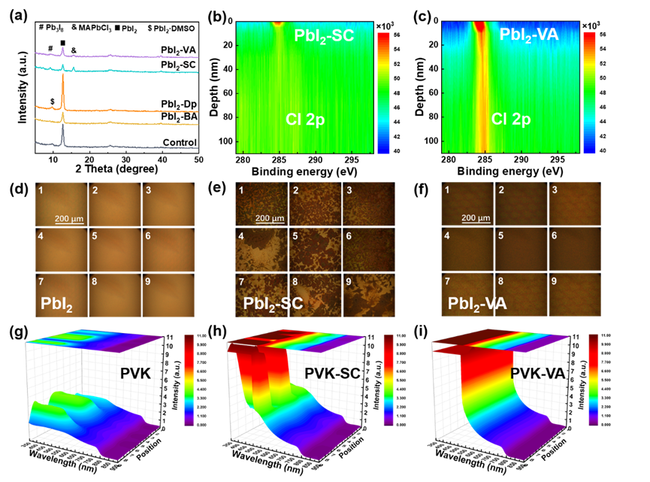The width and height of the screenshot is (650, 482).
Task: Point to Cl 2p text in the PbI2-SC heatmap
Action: [305, 119]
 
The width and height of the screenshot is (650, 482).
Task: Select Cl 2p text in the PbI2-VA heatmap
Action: [511, 119]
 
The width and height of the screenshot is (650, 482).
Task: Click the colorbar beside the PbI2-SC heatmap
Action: [383, 92]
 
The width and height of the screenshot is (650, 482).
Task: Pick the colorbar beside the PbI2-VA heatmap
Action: [589, 92]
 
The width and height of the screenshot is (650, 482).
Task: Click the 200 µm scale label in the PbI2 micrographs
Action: [69, 218]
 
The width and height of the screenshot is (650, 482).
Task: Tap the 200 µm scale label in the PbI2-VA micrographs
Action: [475, 218]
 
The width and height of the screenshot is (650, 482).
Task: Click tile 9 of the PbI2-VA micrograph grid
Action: [574, 294]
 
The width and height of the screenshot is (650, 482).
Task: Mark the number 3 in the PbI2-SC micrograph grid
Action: [349, 192]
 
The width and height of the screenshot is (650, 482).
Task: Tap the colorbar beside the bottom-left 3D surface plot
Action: [188, 380]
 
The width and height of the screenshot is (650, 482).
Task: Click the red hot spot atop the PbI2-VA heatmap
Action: [478, 28]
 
